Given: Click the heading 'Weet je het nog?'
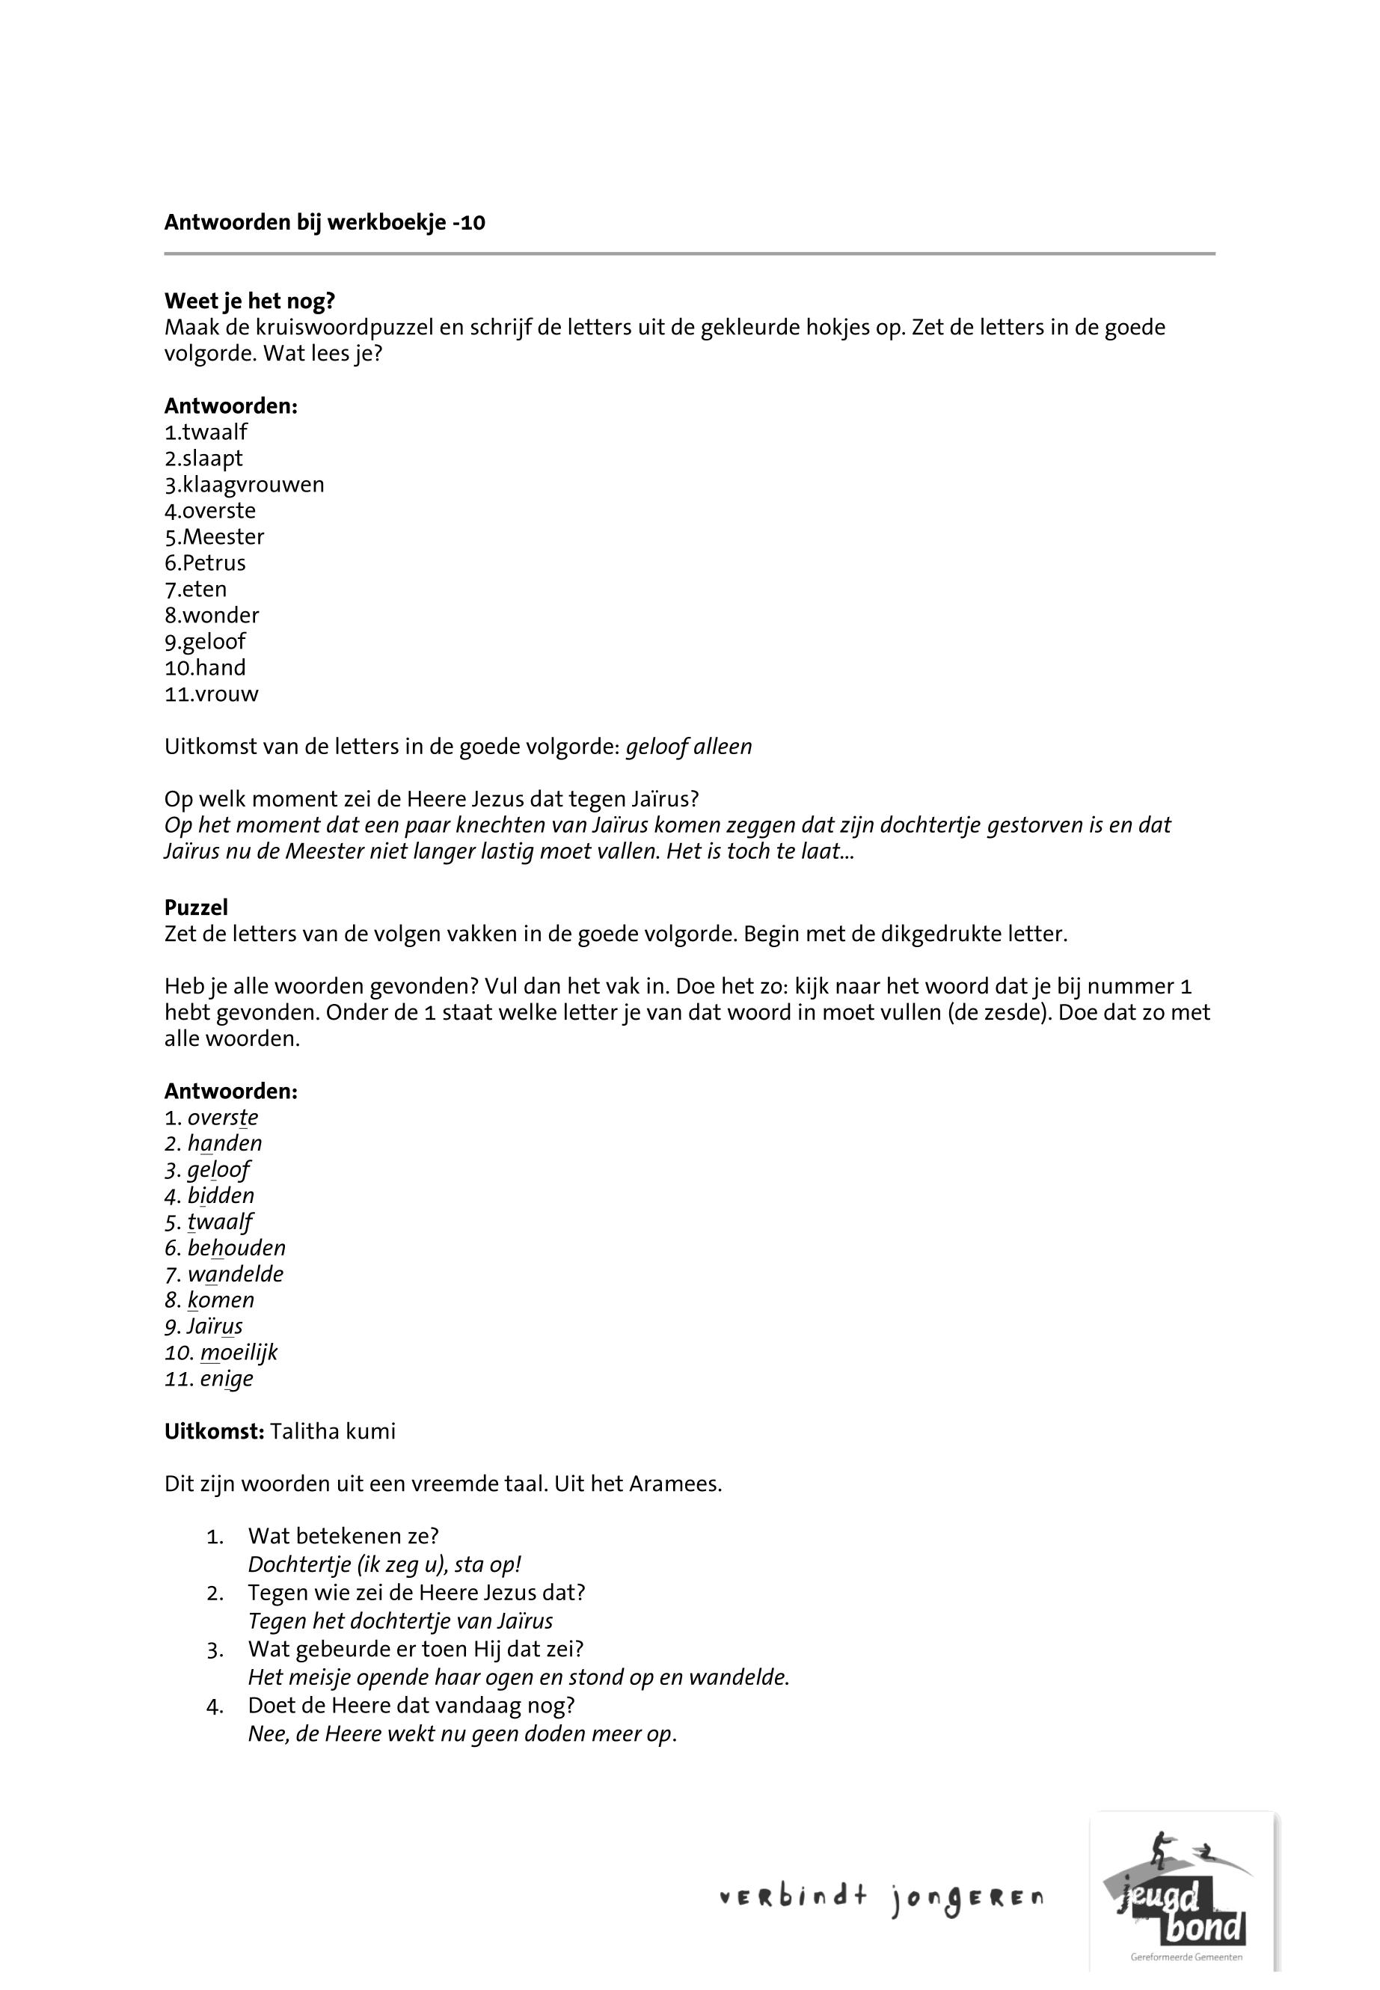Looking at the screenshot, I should click(x=249, y=301).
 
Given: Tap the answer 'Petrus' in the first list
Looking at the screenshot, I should click(x=214, y=563).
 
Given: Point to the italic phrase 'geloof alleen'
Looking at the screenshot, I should click(x=688, y=747).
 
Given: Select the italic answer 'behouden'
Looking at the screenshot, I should click(x=236, y=1248).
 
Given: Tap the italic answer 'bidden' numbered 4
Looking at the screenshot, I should click(x=221, y=1196).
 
